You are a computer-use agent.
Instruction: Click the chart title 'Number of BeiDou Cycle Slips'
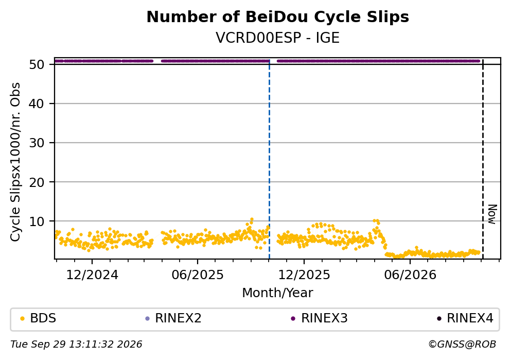[278, 17]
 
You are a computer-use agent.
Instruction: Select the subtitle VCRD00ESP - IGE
[278, 38]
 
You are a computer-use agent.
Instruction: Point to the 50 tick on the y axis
[37, 64]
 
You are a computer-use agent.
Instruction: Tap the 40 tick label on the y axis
[37, 104]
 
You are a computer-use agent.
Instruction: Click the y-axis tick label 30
[37, 143]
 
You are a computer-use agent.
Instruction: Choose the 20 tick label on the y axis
[37, 182]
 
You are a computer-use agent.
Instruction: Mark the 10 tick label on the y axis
[37, 221]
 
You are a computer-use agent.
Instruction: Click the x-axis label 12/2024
[92, 275]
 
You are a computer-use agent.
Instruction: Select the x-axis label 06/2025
[198, 275]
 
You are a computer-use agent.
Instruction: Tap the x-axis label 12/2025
[304, 275]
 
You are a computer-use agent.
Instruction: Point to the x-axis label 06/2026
[410, 275]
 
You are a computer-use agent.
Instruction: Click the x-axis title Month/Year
[278, 293]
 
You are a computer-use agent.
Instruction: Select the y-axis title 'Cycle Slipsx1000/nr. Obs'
[15, 162]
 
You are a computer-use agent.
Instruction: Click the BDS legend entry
[38, 318]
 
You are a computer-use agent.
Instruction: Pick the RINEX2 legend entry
[173, 318]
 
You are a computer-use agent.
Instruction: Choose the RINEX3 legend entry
[320, 318]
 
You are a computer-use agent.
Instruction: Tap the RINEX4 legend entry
[465, 318]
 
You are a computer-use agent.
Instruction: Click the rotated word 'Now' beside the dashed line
[492, 214]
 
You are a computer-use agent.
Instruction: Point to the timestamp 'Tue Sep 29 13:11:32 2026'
[76, 345]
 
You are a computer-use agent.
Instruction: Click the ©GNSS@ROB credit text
[463, 345]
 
